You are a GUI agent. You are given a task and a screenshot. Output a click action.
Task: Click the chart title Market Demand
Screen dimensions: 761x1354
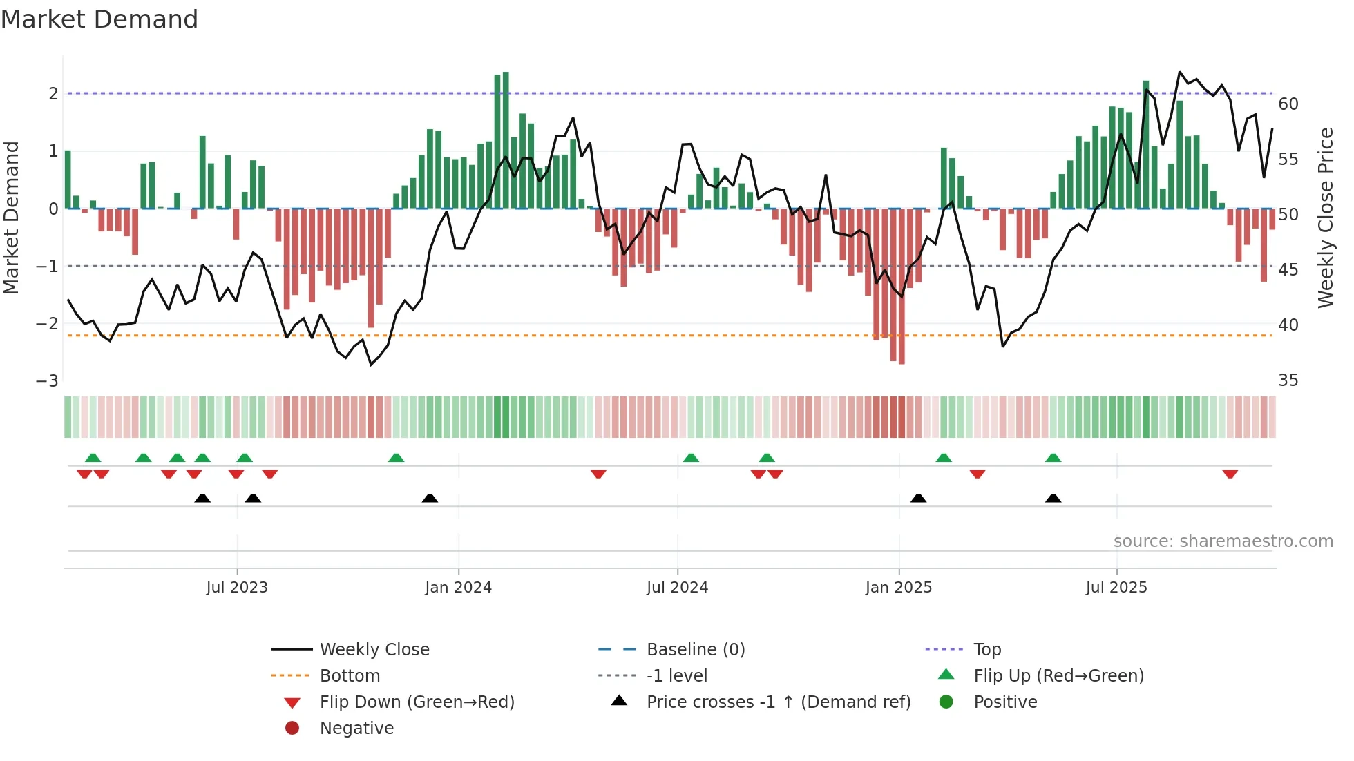pyautogui.click(x=99, y=19)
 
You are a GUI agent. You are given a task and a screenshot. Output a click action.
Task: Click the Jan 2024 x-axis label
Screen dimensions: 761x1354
pyautogui.click(x=458, y=588)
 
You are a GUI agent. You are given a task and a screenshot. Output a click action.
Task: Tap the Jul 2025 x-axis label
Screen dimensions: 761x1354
pyautogui.click(x=1116, y=588)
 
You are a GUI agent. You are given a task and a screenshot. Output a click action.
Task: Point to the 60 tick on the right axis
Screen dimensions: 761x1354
pyautogui.click(x=1288, y=104)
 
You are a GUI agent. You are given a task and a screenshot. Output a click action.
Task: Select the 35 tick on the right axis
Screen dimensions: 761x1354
pyautogui.click(x=1288, y=380)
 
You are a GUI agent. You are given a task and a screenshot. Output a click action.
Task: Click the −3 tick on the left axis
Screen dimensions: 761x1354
pyautogui.click(x=48, y=381)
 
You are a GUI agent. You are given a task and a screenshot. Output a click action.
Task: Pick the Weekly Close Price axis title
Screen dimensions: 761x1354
pyautogui.click(x=1325, y=218)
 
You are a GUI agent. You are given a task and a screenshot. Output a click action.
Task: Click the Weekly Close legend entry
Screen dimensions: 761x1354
pyautogui.click(x=374, y=650)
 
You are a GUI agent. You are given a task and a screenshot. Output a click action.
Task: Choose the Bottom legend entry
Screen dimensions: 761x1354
pyautogui.click(x=350, y=676)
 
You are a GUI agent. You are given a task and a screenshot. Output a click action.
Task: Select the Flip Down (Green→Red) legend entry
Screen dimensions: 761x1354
pyautogui.click(x=417, y=702)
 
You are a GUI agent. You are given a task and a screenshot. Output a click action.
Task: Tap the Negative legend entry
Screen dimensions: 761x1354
pyautogui.click(x=356, y=729)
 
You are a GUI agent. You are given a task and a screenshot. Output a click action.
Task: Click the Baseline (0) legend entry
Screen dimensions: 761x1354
pyautogui.click(x=696, y=650)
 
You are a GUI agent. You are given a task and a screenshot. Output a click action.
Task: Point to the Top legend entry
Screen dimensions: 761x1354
pyautogui.click(x=987, y=650)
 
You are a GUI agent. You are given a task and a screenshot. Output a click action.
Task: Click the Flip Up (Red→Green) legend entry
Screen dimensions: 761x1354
pyautogui.click(x=1058, y=676)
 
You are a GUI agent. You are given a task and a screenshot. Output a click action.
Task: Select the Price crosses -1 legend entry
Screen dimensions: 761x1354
pyautogui.click(x=779, y=702)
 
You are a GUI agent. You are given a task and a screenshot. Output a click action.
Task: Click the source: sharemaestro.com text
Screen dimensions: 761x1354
pyautogui.click(x=1223, y=541)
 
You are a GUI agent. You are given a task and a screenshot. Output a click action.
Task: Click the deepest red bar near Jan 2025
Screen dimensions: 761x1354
pyautogui.click(x=902, y=287)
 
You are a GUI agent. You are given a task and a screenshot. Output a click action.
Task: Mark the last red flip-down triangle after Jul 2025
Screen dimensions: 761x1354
pyautogui.click(x=1230, y=474)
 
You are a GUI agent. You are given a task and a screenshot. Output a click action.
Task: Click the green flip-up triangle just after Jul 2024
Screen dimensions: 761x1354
pyautogui.click(x=691, y=458)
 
